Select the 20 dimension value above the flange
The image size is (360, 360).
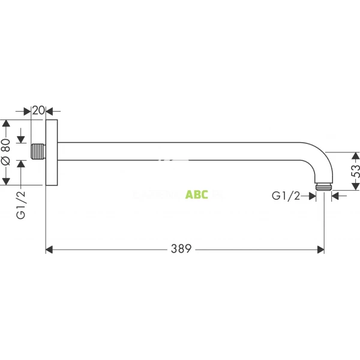(38, 110)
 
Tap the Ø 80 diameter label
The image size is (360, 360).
(5, 152)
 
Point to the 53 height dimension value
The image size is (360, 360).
(356, 170)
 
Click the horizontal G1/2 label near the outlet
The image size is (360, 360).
(286, 195)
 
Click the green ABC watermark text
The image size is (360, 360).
(197, 194)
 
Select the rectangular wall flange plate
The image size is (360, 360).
(51, 152)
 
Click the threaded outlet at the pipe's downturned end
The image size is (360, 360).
(325, 186)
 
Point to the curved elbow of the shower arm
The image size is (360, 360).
(317, 157)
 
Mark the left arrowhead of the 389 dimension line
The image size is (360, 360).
(50, 248)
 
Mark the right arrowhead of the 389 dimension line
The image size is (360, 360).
(320, 248)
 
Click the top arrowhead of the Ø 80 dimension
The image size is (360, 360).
(6, 124)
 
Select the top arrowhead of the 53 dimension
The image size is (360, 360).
(356, 155)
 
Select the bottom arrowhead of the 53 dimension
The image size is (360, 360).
(356, 186)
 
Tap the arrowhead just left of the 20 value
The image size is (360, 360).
(28, 110)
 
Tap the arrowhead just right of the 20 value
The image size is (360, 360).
(49, 110)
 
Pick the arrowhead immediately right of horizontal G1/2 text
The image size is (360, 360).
(313, 195)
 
